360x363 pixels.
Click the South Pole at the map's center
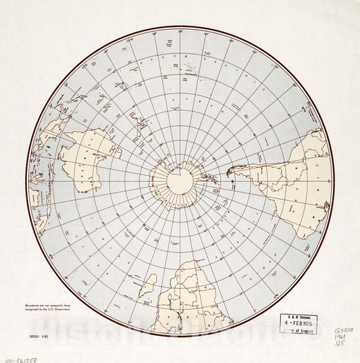(x=180, y=181)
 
